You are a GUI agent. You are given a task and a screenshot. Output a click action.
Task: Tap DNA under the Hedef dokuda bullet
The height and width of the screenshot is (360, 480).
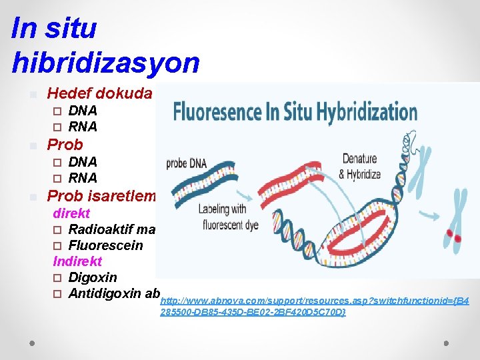click(83, 111)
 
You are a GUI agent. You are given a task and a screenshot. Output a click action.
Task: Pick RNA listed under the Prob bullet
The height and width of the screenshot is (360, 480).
click(83, 178)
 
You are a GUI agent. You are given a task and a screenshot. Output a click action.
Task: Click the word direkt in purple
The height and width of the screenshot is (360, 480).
click(71, 214)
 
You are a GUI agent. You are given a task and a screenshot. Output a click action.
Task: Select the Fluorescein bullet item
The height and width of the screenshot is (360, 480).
click(105, 245)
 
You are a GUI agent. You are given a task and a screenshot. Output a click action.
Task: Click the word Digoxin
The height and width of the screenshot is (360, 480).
click(93, 277)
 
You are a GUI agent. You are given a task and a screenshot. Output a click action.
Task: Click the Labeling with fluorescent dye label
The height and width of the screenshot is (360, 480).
click(228, 216)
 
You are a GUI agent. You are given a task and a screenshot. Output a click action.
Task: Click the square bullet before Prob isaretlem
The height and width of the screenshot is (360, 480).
click(33, 197)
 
